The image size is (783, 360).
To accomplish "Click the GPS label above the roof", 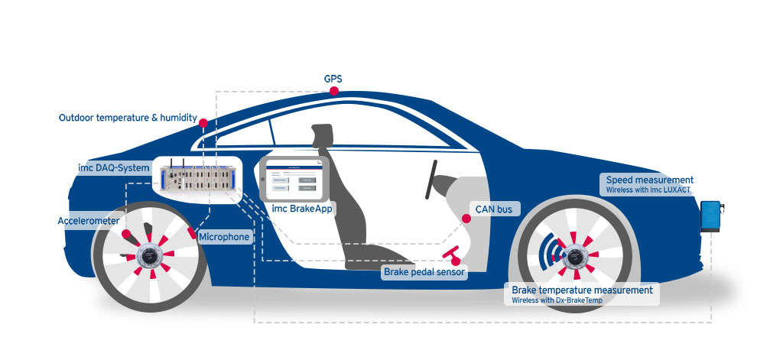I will click(x=333, y=78).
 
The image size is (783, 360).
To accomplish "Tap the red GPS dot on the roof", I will click(x=334, y=91).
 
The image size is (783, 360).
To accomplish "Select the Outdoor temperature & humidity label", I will click(x=128, y=118).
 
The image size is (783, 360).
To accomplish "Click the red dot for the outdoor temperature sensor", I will click(x=203, y=122).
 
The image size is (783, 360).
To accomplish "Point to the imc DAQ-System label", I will click(x=114, y=167).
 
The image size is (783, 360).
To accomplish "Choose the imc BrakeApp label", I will click(x=303, y=209).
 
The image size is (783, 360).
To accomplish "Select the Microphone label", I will click(x=224, y=237).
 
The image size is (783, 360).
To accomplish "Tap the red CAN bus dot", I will click(x=465, y=219).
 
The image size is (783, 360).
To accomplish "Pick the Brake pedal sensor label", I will click(x=424, y=271).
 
